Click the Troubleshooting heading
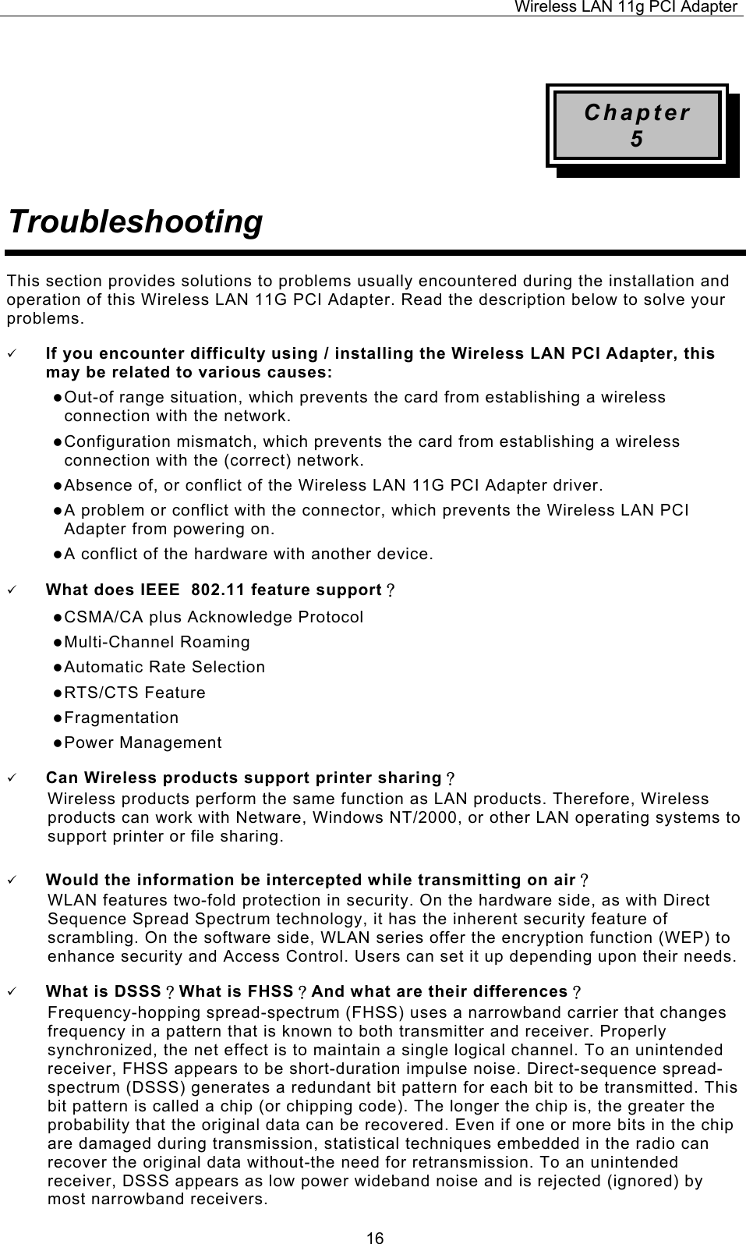coord(134,222)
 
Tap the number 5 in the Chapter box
coord(637,140)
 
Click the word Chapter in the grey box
coord(637,113)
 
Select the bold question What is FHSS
coord(242,992)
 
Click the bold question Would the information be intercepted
coord(311,881)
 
